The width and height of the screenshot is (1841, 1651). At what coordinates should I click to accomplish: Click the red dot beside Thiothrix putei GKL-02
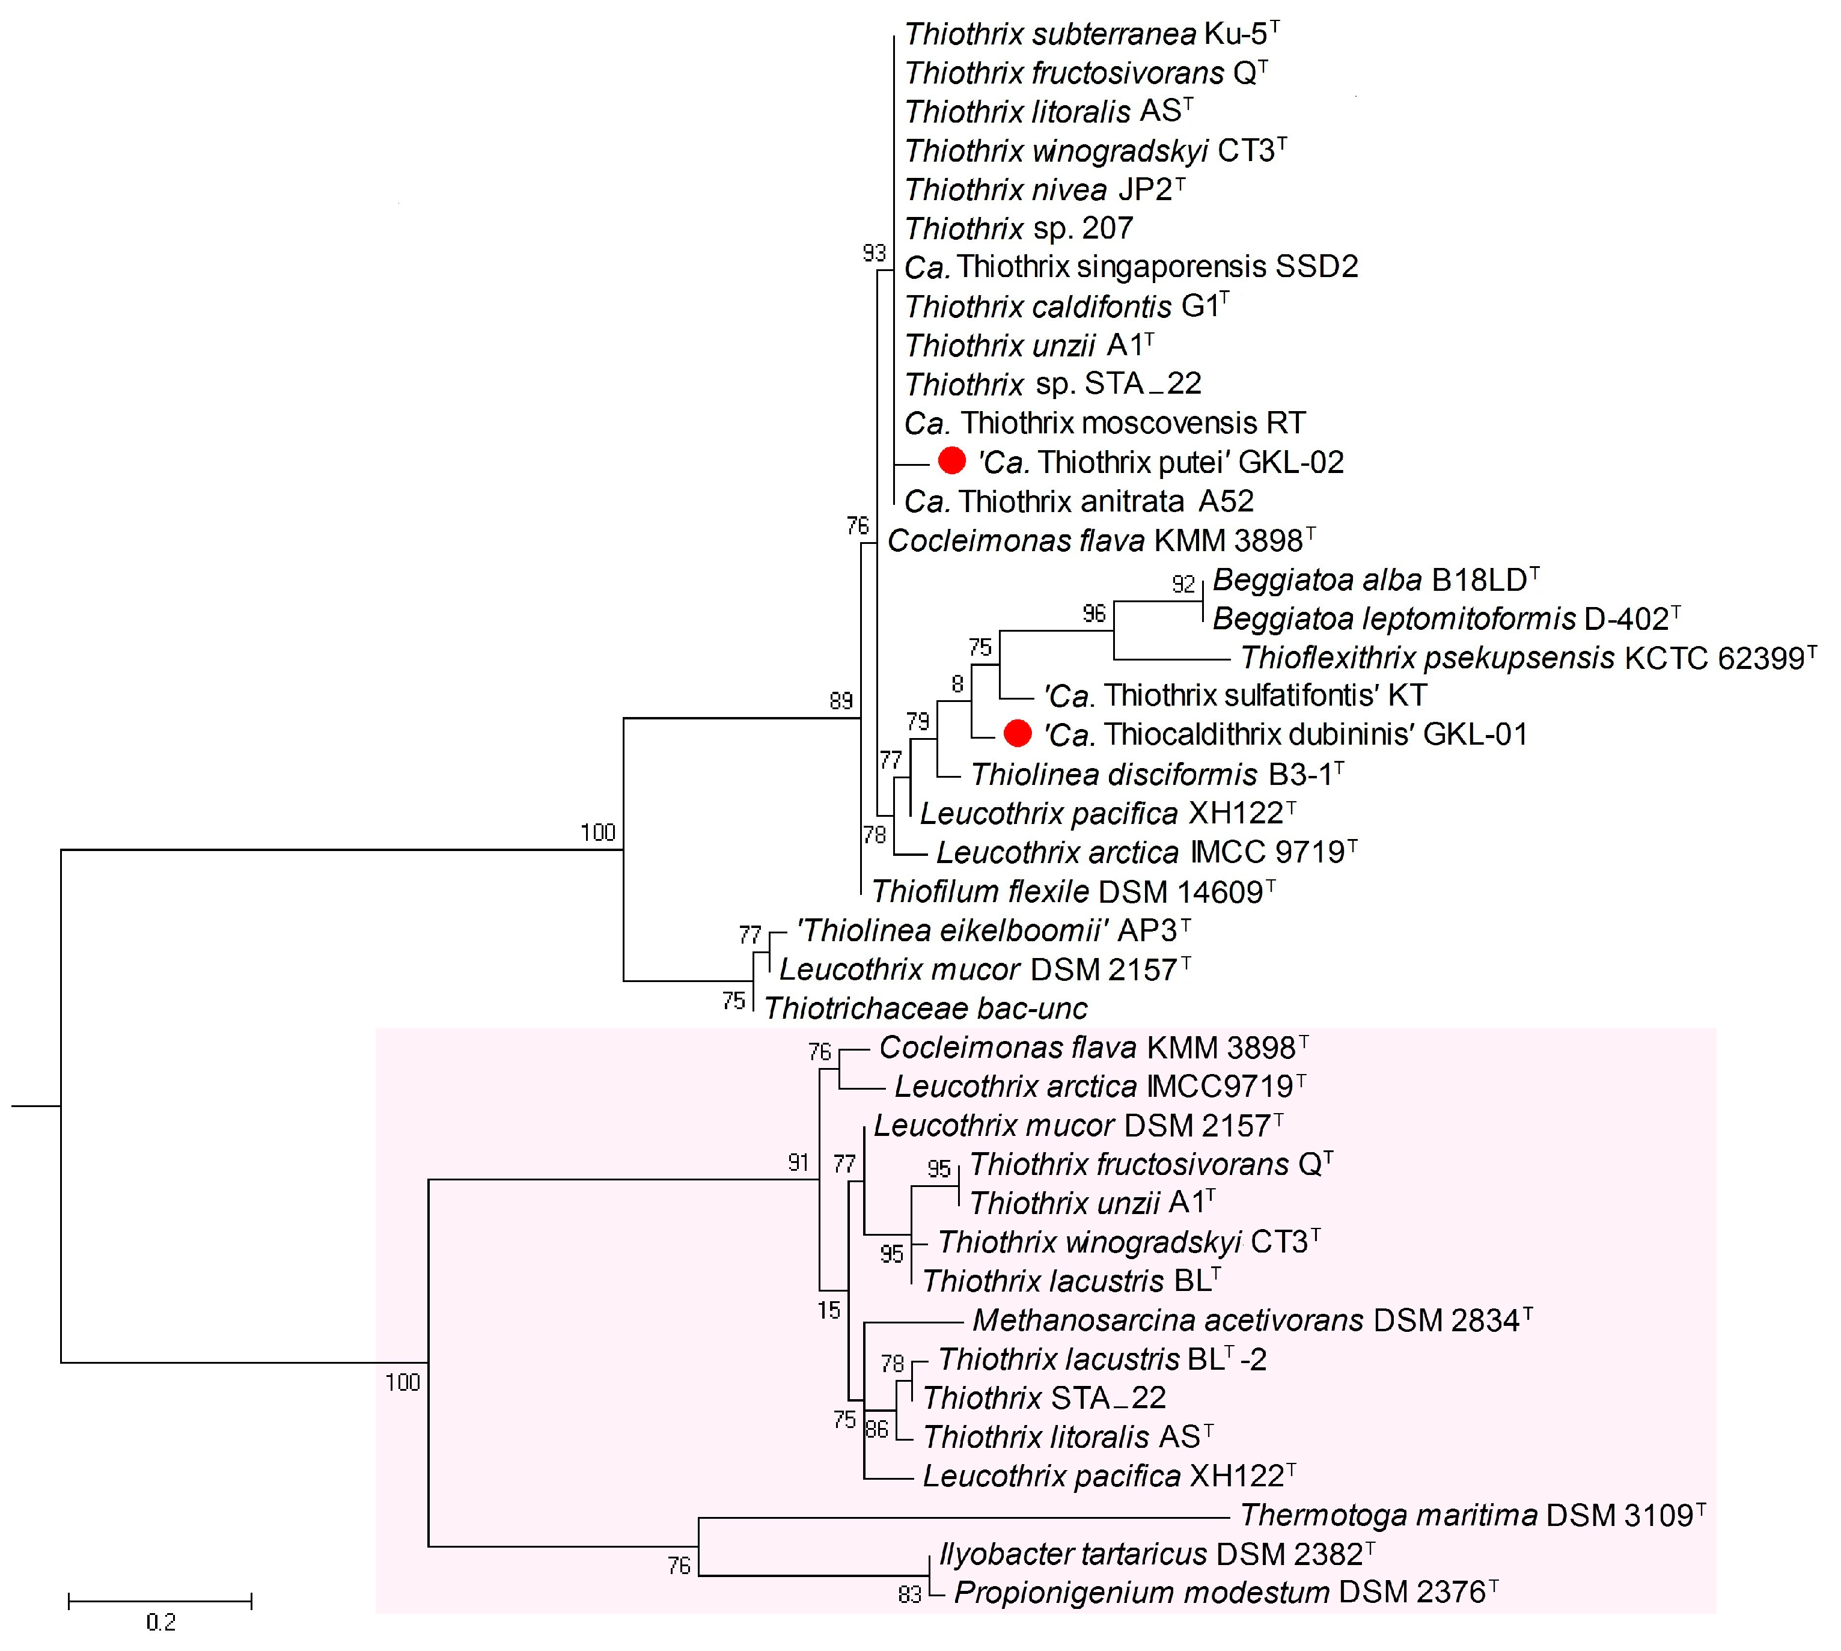pyautogui.click(x=951, y=461)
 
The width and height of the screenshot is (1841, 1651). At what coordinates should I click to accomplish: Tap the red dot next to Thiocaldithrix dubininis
pyautogui.click(x=1018, y=733)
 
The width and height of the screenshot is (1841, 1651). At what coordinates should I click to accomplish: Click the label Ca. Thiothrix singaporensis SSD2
pyautogui.click(x=1131, y=267)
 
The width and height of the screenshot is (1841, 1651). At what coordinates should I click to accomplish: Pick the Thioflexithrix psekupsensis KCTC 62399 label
pyautogui.click(x=1528, y=658)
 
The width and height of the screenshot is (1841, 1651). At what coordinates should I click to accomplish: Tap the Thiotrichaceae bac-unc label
pyautogui.click(x=926, y=1008)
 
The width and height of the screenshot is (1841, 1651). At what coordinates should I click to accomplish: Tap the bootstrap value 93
pyautogui.click(x=874, y=253)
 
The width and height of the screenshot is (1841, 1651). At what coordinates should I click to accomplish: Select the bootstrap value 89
pyautogui.click(x=841, y=700)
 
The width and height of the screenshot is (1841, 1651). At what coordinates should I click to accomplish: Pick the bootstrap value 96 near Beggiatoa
pyautogui.click(x=1095, y=614)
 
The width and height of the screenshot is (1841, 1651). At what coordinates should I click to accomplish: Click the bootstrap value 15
pyautogui.click(x=828, y=1310)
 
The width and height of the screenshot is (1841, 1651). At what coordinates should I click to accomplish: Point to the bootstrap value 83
pyautogui.click(x=909, y=1594)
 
